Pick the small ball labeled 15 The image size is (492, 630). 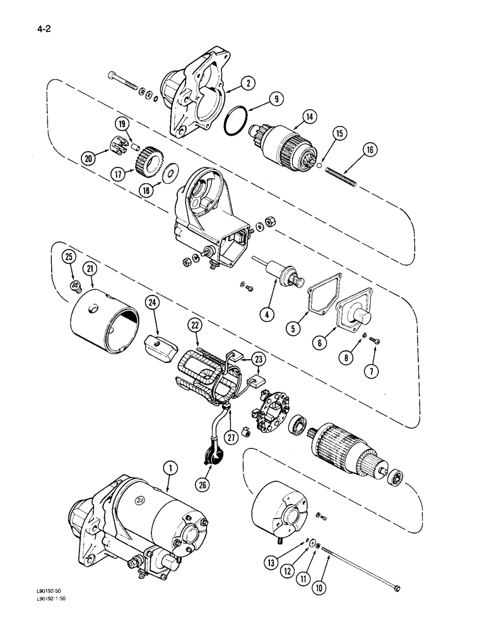320,167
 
